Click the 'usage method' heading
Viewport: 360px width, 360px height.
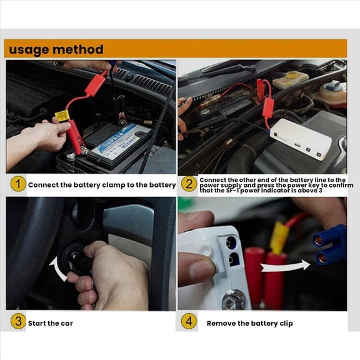click(x=56, y=49)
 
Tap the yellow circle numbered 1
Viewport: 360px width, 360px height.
click(x=17, y=184)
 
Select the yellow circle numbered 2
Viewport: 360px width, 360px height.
click(x=189, y=184)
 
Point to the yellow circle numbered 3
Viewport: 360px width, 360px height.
click(x=17, y=322)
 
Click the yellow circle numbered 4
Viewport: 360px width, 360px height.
click(x=189, y=322)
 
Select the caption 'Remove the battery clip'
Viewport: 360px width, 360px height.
click(x=249, y=323)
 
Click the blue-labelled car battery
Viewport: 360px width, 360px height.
click(x=119, y=142)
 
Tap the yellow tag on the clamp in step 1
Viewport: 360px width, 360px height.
click(x=62, y=116)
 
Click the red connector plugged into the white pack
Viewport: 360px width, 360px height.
click(x=268, y=107)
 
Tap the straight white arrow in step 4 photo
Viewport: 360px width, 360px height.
click(x=285, y=266)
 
